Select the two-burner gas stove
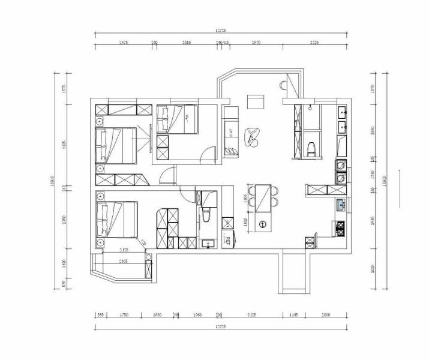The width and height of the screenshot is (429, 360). (340, 227)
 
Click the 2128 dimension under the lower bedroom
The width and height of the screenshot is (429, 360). (123, 250)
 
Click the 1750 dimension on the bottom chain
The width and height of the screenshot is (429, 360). (124, 314)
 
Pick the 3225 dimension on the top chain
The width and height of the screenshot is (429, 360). (314, 43)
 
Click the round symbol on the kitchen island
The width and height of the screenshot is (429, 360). (262, 224)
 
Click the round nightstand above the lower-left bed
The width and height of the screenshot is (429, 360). (100, 196)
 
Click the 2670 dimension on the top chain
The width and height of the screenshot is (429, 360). (256, 43)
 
